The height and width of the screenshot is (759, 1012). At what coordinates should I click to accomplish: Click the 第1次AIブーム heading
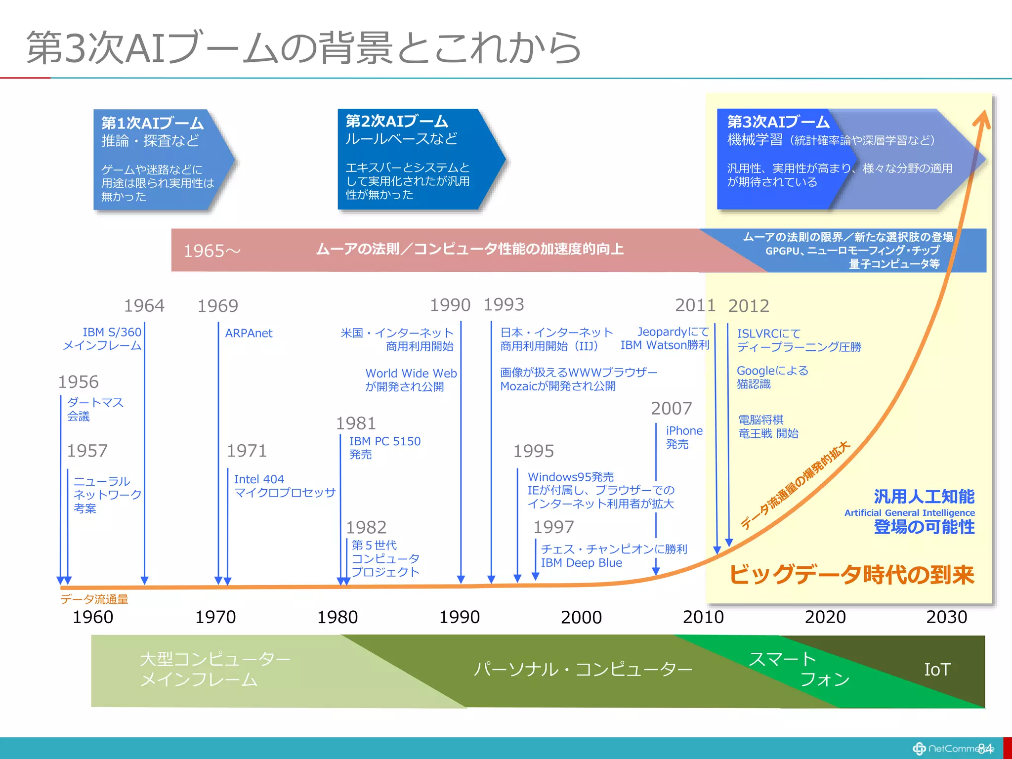pyautogui.click(x=152, y=123)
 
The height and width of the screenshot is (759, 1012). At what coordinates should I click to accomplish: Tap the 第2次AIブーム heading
pyautogui.click(x=396, y=121)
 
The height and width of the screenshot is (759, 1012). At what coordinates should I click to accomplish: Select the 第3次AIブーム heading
pyautogui.click(x=778, y=122)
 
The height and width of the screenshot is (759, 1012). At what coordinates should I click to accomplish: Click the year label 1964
pyautogui.click(x=144, y=306)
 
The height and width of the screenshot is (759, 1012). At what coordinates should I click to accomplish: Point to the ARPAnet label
pyautogui.click(x=249, y=333)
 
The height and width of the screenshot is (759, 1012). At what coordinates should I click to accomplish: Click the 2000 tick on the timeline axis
pyautogui.click(x=581, y=617)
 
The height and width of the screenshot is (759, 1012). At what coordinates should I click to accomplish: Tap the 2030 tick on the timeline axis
pyautogui.click(x=946, y=617)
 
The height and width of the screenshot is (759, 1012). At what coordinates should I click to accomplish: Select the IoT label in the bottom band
pyautogui.click(x=937, y=670)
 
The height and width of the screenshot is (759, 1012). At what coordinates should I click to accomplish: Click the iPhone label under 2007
pyautogui.click(x=684, y=431)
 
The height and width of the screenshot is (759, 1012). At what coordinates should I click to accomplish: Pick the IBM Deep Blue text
pyautogui.click(x=581, y=563)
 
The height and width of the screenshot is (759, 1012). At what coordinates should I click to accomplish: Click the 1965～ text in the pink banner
pyautogui.click(x=211, y=251)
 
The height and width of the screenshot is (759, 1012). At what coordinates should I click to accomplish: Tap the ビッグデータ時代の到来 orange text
pyautogui.click(x=851, y=575)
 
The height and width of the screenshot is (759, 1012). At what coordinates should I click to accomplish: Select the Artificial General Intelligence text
pyautogui.click(x=909, y=513)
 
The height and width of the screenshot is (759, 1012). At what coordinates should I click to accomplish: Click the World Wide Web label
pyautogui.click(x=411, y=374)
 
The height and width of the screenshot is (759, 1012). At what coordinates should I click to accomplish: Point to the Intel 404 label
pyautogui.click(x=259, y=479)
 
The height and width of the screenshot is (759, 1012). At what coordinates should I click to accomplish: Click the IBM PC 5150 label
pyautogui.click(x=384, y=441)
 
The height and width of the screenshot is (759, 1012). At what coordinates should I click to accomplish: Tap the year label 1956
pyautogui.click(x=78, y=382)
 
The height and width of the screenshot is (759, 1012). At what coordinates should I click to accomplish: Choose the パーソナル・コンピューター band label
pyautogui.click(x=582, y=669)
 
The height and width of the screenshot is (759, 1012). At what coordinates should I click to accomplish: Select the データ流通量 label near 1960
pyautogui.click(x=94, y=599)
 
